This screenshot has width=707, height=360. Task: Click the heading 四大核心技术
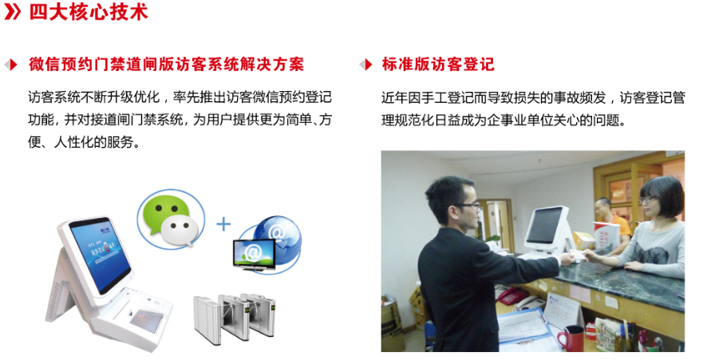point(89,13)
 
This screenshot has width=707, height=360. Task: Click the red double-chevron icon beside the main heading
point(13,13)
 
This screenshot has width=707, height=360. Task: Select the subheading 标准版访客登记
point(438,65)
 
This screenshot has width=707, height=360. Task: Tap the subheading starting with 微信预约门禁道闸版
point(167,65)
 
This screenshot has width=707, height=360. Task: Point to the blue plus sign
point(223,224)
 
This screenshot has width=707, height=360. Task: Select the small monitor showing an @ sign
point(254,254)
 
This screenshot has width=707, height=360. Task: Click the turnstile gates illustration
point(235,318)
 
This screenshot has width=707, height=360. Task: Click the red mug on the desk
point(570,338)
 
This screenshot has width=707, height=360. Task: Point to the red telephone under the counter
point(511,296)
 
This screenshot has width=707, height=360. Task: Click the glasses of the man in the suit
point(469,206)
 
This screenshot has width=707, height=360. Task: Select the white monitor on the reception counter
point(546,229)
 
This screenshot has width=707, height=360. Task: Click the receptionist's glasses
point(647,200)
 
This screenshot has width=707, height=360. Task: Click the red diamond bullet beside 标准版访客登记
point(365,65)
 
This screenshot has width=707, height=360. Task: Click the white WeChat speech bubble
point(180,229)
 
